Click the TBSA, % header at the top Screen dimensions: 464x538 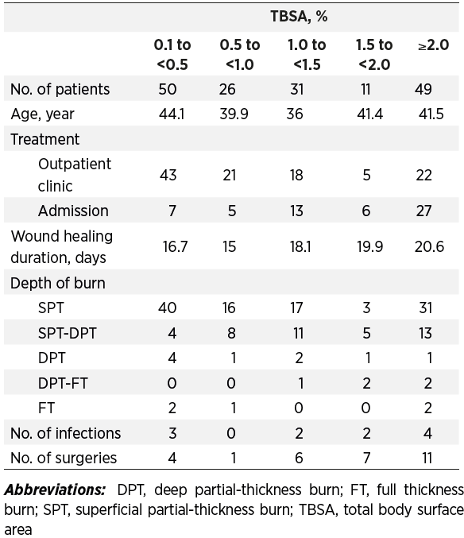pos(299,17)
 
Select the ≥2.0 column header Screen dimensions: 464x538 pos(434,45)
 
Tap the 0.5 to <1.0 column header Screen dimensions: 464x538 pos(240,55)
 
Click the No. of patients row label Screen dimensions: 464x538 pos(60,89)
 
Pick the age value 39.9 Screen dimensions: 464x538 pos(234,114)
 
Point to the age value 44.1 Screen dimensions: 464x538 pos(172,114)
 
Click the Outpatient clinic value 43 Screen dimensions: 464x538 pos(168,175)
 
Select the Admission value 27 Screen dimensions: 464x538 pos(423,211)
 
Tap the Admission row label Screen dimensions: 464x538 pos(73,211)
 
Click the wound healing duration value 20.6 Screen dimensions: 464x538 pos(429,246)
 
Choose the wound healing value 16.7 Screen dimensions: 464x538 pos(175,246)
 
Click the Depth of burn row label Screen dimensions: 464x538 pos(58,283)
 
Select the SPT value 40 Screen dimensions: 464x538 pos(168,308)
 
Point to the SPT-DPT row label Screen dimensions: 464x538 pos(68,333)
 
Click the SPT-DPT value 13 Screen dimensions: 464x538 pos(425,333)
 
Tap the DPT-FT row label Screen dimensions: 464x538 pos(63,383)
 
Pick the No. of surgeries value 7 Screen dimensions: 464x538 pos(366,458)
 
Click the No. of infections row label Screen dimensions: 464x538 pos(65,433)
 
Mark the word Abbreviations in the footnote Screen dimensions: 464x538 pos(55,490)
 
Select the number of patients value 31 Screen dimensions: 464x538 pos(297,89)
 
